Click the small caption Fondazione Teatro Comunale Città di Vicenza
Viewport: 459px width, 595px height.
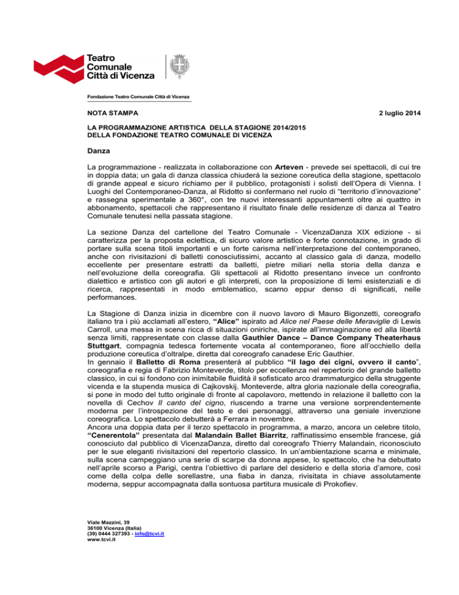(x=142, y=97)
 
